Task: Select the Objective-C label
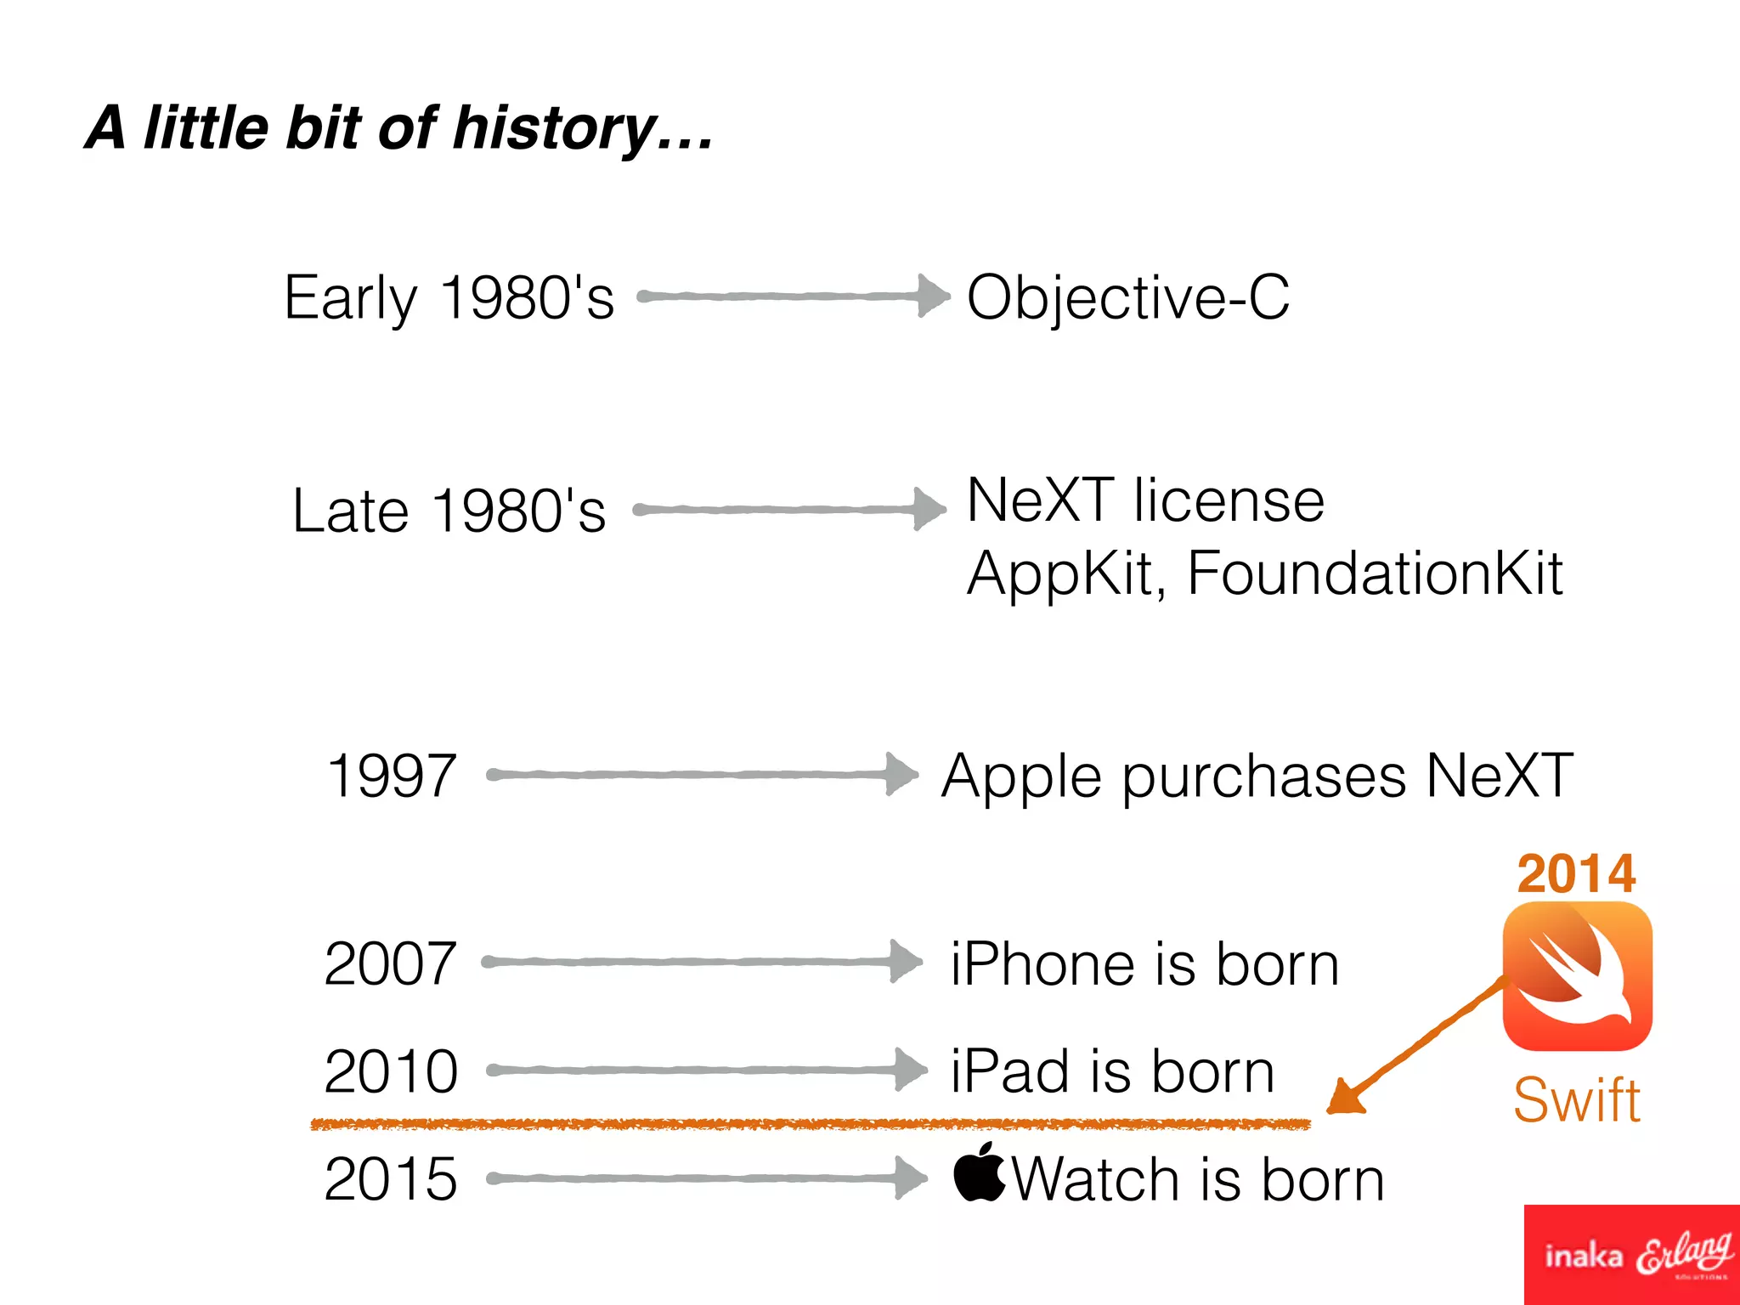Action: coord(1127,298)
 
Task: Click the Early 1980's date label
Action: coord(449,298)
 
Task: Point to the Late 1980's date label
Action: coord(449,511)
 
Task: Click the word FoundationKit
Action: coord(1374,573)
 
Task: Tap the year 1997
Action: coord(391,776)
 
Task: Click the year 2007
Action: coord(390,963)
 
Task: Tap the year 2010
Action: coord(391,1071)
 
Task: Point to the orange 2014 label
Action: coord(1576,873)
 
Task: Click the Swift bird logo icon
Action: coord(1577,976)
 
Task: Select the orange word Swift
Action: coord(1576,1100)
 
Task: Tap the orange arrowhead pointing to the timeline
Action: coord(1346,1098)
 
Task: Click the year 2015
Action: coord(391,1179)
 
